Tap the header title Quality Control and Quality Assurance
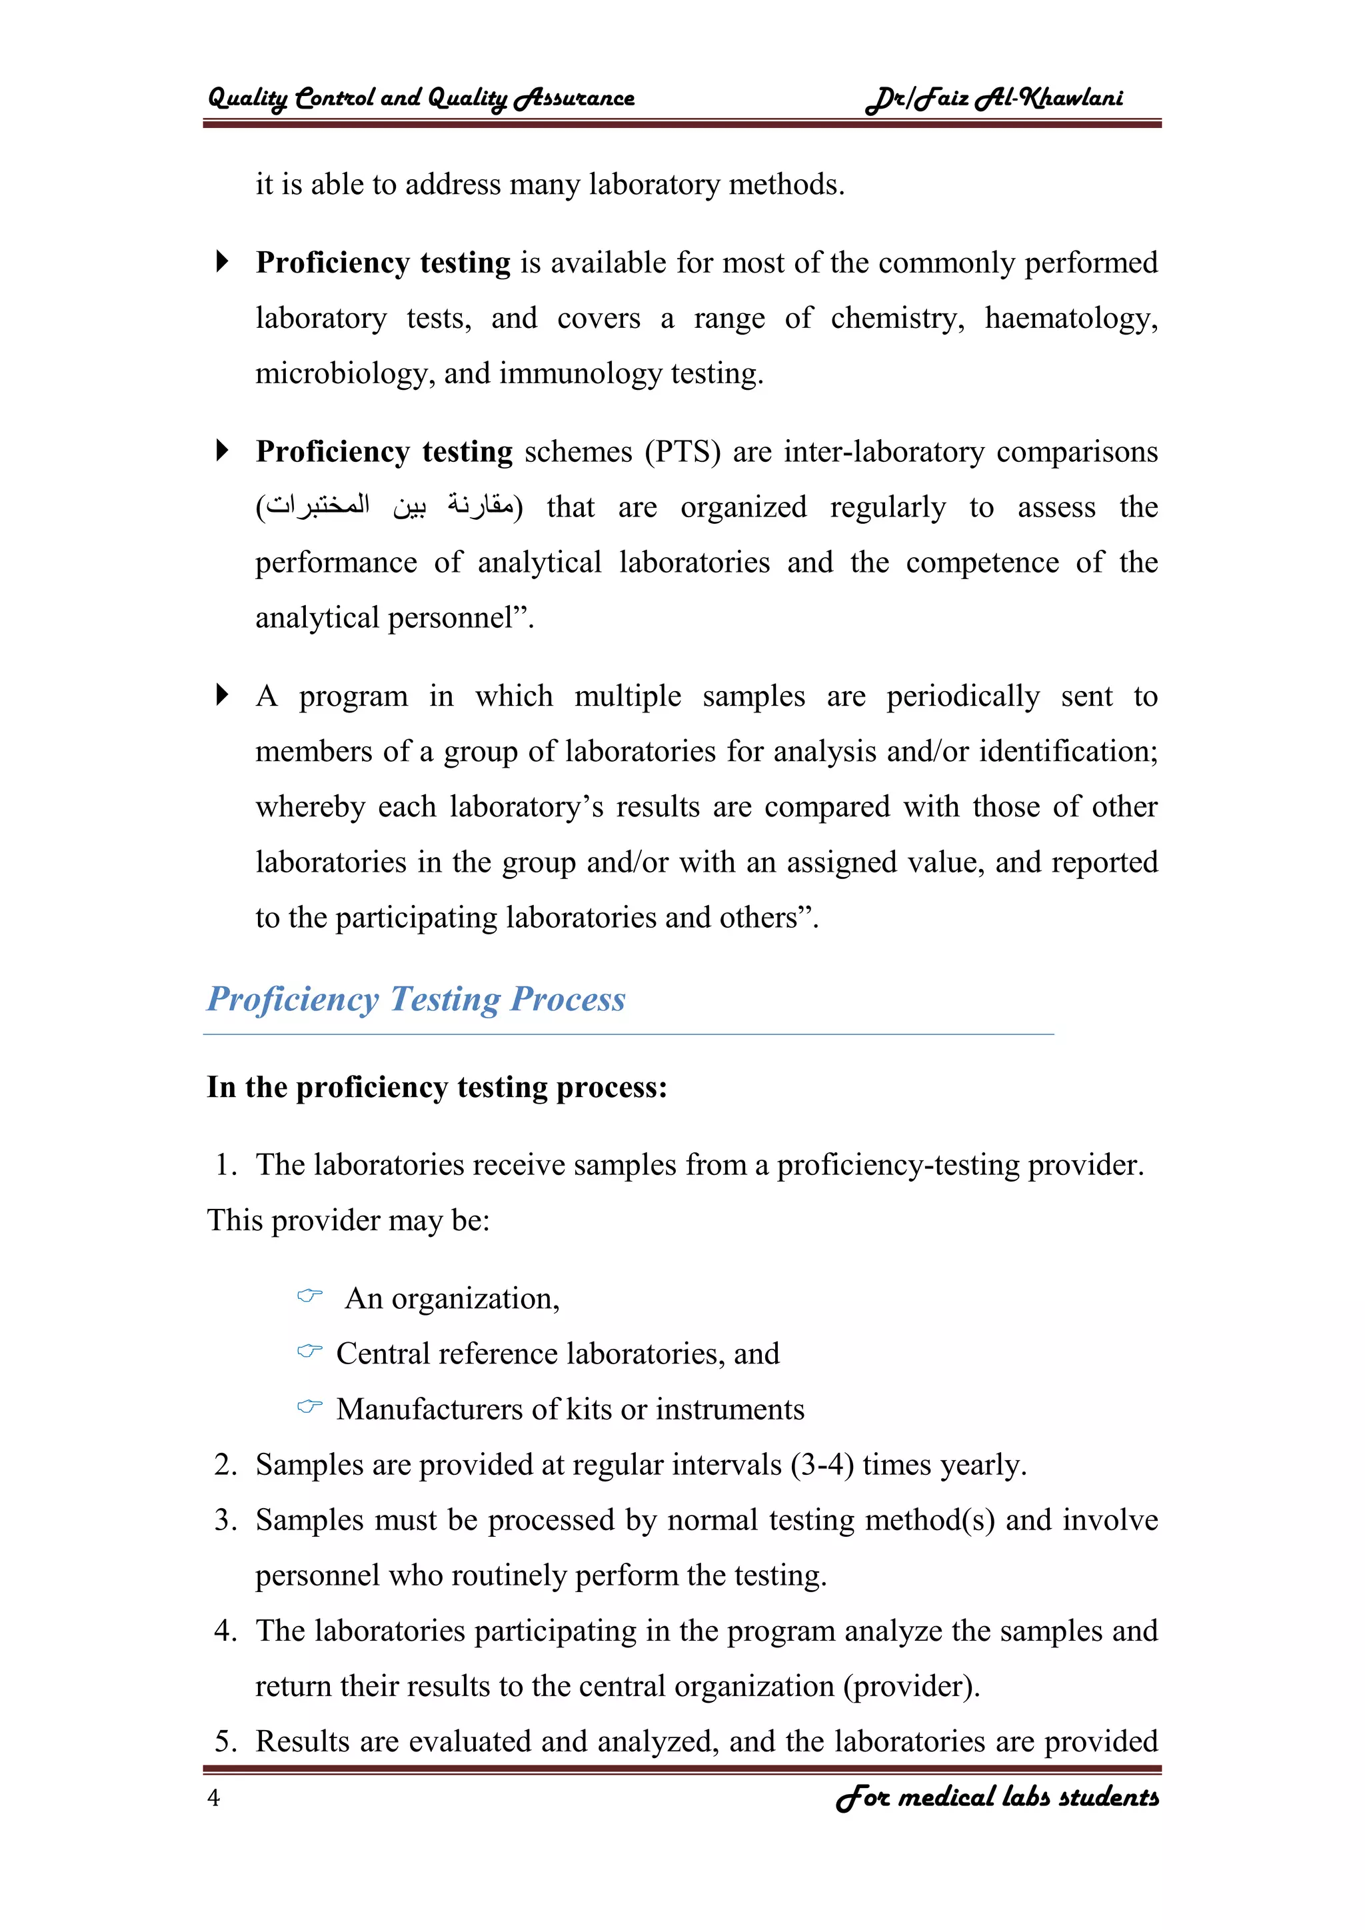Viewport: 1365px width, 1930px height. tap(421, 99)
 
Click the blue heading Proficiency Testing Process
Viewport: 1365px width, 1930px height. tap(416, 1000)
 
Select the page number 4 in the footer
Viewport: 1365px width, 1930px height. tap(213, 1798)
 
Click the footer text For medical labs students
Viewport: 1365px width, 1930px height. tap(997, 1797)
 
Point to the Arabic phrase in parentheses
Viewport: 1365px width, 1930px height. tap(389, 507)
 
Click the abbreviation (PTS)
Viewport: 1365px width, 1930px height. tap(682, 453)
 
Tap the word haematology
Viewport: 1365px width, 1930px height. tap(1071, 319)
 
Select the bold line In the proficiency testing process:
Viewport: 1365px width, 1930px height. tap(437, 1088)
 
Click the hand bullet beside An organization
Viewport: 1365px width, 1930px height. tap(310, 1296)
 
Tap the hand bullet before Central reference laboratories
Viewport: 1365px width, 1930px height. tap(310, 1351)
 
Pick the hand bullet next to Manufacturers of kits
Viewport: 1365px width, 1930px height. tap(310, 1406)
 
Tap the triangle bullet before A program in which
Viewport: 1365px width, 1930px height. tap(222, 695)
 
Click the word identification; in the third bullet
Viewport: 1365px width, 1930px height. tap(1068, 752)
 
